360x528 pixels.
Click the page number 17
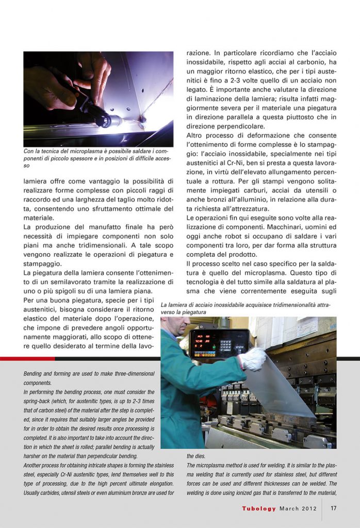point(334,508)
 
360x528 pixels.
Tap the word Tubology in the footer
point(260,508)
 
